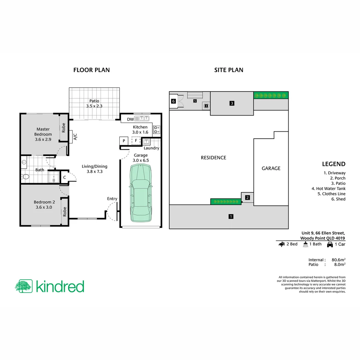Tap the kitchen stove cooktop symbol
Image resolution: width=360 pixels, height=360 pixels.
(x=156, y=129)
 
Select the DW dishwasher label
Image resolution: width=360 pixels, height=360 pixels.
(x=130, y=119)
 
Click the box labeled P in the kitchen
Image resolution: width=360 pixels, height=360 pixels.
(x=124, y=141)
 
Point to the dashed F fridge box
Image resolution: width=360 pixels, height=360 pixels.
(x=136, y=141)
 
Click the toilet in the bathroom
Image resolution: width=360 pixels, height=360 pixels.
(x=25, y=177)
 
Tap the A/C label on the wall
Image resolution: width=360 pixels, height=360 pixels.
(x=75, y=137)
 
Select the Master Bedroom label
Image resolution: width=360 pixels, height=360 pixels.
(x=43, y=134)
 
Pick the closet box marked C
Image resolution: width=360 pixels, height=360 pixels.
(x=64, y=177)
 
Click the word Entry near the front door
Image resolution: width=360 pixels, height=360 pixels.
(x=112, y=199)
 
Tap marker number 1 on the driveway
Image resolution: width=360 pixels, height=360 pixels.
(x=231, y=217)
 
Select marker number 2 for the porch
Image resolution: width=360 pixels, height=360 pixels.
(x=247, y=198)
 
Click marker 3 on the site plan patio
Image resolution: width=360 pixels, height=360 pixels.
(x=232, y=103)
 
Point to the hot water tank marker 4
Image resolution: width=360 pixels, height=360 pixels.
(x=206, y=106)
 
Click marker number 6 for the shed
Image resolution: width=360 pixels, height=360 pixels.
(x=173, y=101)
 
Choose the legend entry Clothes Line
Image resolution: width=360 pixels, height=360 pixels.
(x=334, y=194)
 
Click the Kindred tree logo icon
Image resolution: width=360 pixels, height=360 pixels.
(x=24, y=286)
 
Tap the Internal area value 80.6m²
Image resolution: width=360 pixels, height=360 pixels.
(x=338, y=260)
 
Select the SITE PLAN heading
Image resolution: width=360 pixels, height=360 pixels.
(x=228, y=70)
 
